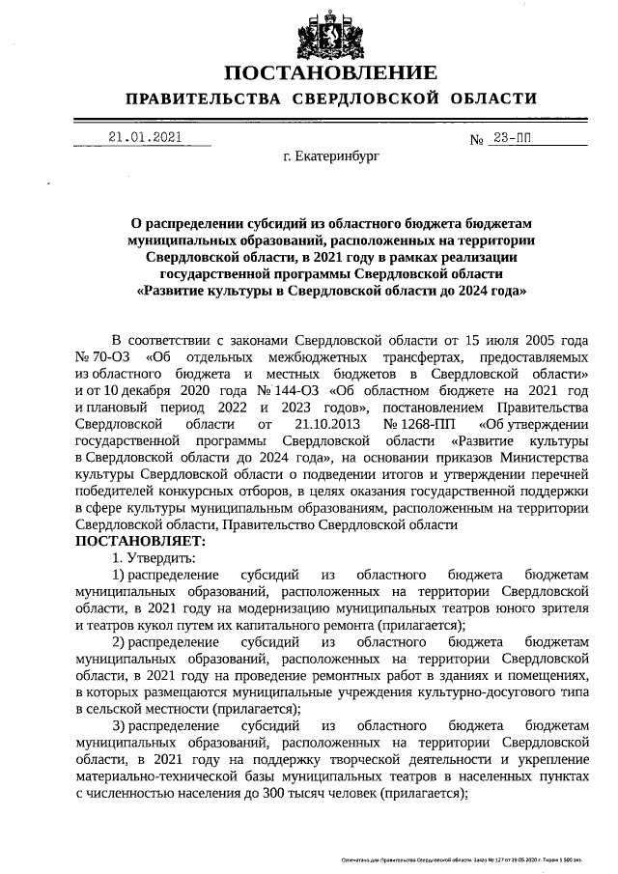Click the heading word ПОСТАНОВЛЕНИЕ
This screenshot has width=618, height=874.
[331, 72]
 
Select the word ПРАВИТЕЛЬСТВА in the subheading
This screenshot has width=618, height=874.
[203, 99]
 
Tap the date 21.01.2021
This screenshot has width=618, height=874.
[144, 137]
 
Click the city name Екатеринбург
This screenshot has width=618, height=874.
[332, 155]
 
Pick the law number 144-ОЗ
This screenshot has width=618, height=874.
[291, 390]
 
